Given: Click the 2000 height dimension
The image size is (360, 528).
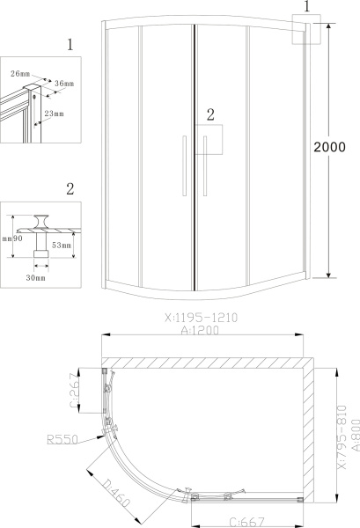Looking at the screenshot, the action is pos(329,147).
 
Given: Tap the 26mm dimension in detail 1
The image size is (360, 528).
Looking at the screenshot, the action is pos(20,74).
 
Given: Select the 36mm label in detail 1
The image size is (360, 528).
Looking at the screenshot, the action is pos(64,84).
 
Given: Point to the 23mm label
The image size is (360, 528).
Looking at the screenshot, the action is pos(55,114).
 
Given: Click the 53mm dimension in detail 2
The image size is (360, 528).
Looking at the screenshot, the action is pos(62,246).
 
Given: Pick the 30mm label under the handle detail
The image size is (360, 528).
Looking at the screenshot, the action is pos(36,278).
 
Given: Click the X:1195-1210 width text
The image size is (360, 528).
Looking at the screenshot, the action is pos(201,318).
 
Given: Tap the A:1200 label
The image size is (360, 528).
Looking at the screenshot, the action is pos(200,330).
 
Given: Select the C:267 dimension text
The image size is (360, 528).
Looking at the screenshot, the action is pos(75,390).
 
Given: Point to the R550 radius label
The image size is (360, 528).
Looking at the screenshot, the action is pos(62,439).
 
